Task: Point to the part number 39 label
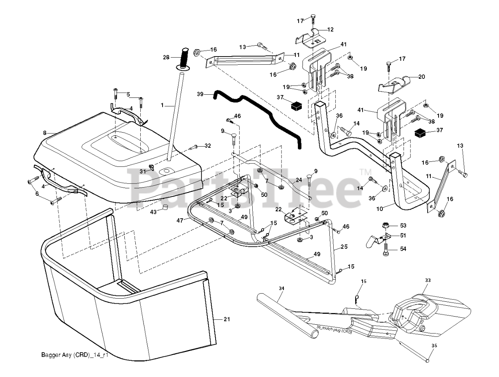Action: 200,94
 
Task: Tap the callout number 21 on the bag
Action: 227,320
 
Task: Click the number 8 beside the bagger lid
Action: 45,133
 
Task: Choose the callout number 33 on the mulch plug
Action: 428,280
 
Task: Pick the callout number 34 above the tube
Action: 281,288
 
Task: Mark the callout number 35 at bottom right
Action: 434,345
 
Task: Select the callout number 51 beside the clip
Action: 403,235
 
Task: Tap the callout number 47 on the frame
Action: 180,220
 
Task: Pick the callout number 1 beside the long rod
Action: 163,105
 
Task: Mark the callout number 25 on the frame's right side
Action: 343,246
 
